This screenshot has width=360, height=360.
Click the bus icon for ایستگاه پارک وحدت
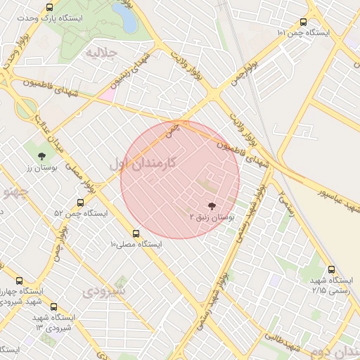point(49,7)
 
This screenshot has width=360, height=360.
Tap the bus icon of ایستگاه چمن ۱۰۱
point(303,22)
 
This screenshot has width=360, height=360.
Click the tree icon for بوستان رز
point(41,156)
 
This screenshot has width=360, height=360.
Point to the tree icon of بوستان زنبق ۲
point(212,206)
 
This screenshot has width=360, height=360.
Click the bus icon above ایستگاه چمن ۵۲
point(81,202)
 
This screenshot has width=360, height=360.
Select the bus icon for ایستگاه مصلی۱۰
point(136,233)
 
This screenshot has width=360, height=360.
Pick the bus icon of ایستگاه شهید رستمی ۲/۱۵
point(331,269)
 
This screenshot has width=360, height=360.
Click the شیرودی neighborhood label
point(105,290)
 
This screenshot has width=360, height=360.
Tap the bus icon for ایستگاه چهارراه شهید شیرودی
point(18,280)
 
